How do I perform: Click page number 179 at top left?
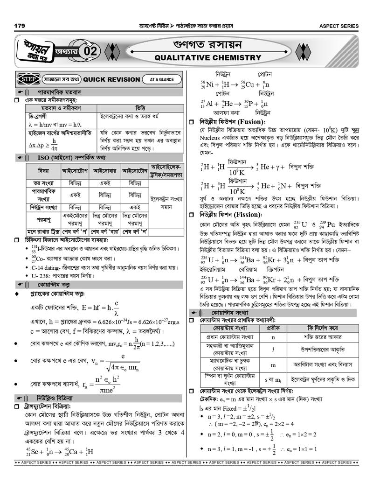20,26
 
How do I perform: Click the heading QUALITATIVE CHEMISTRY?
207,58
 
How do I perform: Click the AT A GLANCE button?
162,79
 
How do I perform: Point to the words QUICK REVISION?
111,79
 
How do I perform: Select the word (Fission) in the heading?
250,215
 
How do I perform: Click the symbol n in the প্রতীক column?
273,336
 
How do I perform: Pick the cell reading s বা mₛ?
273,379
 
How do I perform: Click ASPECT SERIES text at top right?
338,26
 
